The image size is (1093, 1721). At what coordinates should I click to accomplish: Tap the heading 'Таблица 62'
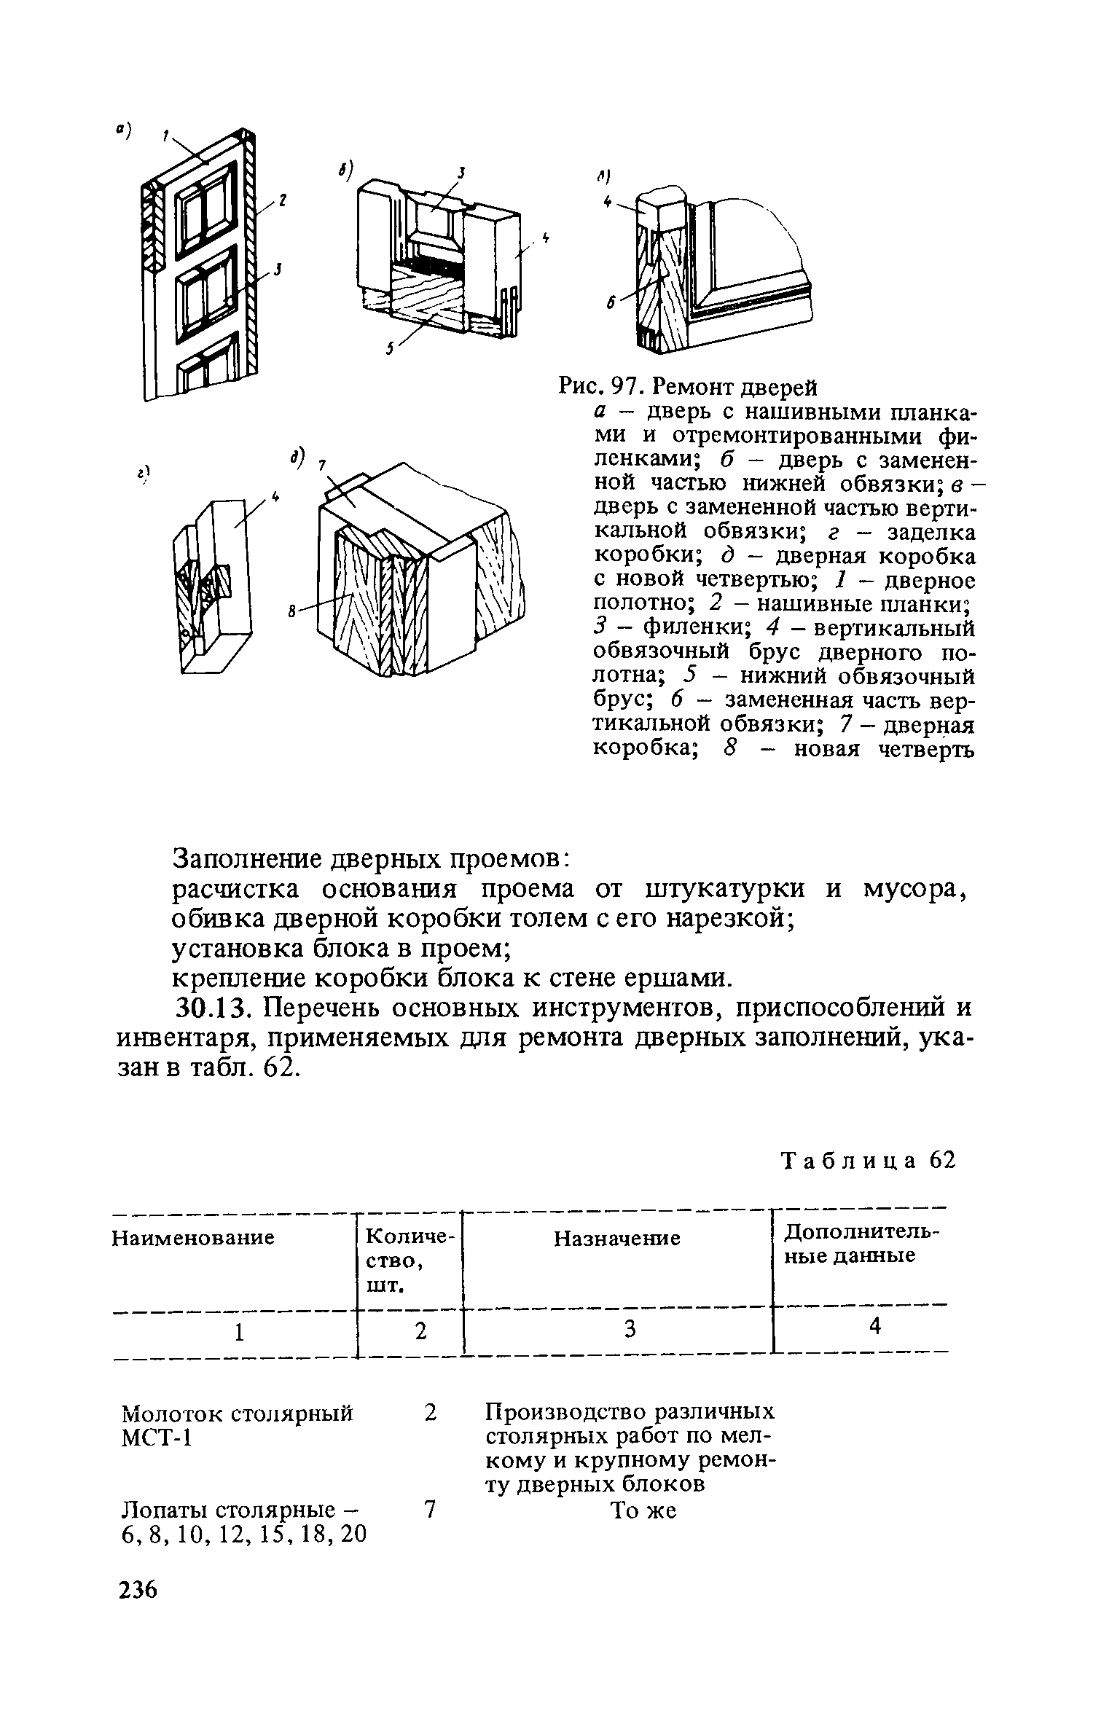(x=867, y=1160)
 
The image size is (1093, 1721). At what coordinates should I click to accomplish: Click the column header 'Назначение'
(x=617, y=1239)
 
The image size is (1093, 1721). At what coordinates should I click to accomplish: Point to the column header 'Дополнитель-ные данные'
(x=860, y=1244)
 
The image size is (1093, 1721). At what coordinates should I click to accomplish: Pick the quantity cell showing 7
(x=430, y=1509)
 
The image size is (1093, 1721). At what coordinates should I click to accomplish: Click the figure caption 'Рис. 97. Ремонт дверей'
(x=688, y=385)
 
